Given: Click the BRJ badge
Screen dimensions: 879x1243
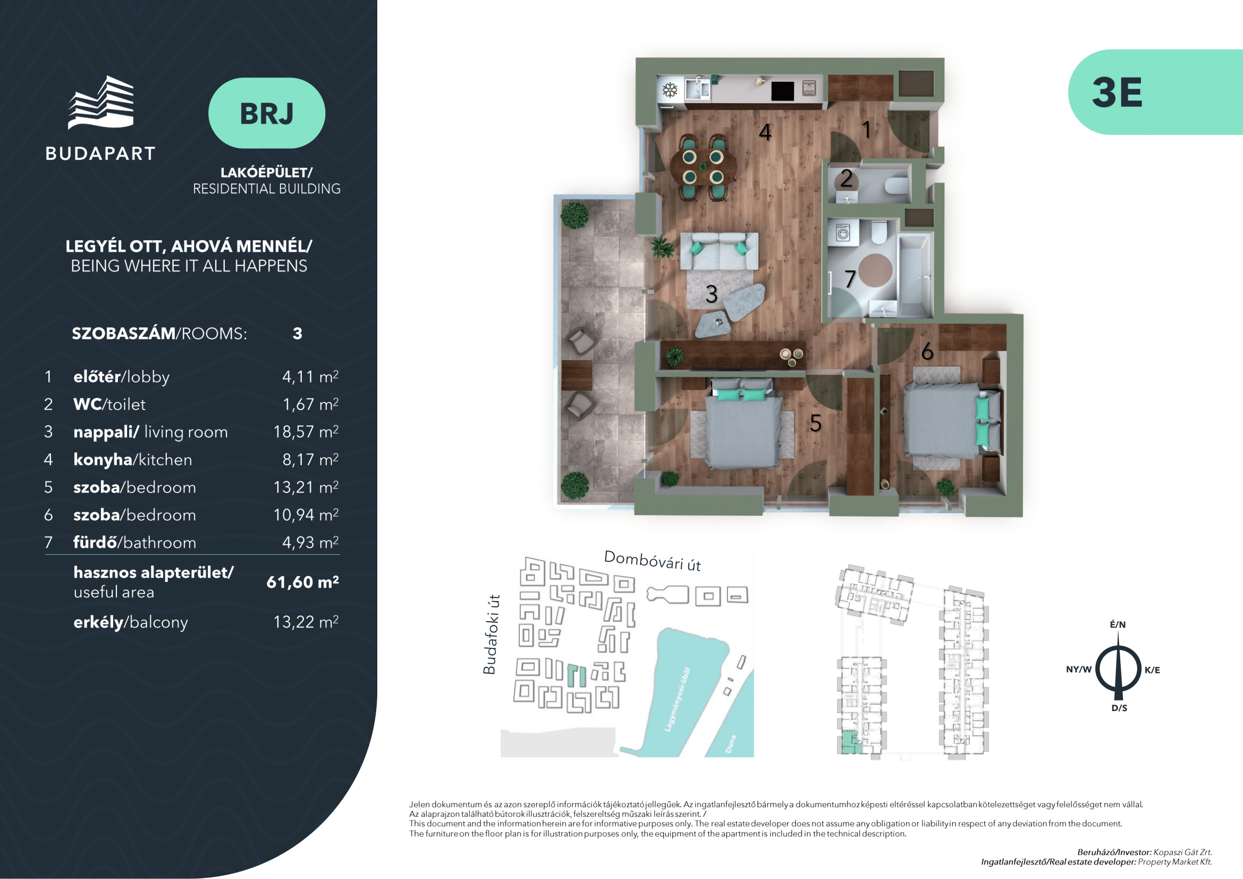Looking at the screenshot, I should pos(266,113).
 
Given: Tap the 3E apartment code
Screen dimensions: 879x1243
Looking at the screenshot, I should pos(1117,92).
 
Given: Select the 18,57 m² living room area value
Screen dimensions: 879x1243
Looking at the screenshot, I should pos(306,432).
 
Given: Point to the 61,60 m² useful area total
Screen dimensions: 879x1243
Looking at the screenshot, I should pos(302,582).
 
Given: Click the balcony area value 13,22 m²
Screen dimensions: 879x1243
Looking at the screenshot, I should pos(306,622).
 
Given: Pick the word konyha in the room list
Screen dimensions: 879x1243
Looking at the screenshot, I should pos(103,460).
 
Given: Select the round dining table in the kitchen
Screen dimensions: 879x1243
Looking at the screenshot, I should pos(703,167).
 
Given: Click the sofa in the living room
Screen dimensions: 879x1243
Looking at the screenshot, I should pos(719,251).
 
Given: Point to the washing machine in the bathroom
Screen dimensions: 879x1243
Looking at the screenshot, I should pos(842,234).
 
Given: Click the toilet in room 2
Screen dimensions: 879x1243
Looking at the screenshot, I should pos(896,185).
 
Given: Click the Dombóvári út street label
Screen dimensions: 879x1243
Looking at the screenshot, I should pos(652,561).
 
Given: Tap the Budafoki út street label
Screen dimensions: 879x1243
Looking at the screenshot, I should pos(490,635).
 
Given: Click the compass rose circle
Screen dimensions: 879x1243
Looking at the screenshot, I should pos(1118,670).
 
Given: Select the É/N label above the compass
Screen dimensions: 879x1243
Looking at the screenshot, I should pos(1118,624).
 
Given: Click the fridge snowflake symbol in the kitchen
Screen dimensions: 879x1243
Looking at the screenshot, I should pos(670,90).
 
